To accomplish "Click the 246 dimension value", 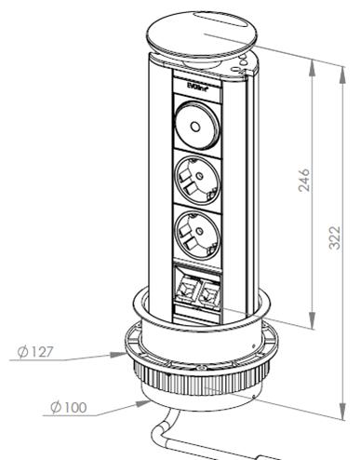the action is [x=304, y=180].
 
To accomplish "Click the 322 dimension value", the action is [x=335, y=237].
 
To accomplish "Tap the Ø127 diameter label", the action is [x=35, y=352].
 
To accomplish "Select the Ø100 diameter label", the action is [x=69, y=407].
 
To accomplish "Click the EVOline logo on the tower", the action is [x=197, y=87].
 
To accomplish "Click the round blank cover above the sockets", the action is [x=197, y=127].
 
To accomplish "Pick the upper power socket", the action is [x=198, y=180].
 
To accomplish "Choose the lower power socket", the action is [x=198, y=235].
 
